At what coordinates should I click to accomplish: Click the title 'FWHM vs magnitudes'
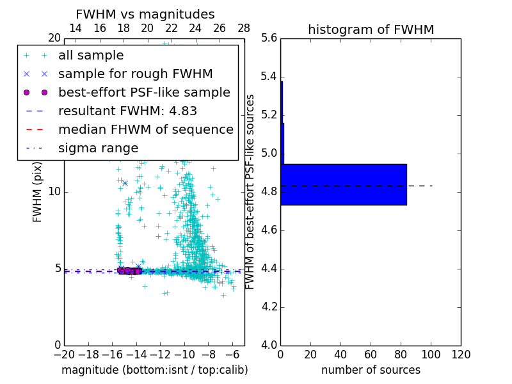[145, 14]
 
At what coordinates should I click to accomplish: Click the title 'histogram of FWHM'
[371, 29]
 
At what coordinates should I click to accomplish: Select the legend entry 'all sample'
[91, 56]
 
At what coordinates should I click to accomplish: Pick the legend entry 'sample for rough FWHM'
[135, 74]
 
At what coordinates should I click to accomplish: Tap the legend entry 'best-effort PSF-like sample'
[144, 92]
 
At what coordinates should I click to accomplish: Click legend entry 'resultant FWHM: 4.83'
[127, 111]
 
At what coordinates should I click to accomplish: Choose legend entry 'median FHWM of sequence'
[145, 129]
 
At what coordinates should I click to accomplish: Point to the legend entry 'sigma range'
[98, 148]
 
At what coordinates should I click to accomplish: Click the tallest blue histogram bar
[344, 184]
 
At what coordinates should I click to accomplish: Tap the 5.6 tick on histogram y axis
[269, 38]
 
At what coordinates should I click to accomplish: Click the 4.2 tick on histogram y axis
[269, 307]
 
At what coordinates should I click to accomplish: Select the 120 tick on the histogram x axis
[461, 355]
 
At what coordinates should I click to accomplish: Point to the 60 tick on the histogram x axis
[371, 355]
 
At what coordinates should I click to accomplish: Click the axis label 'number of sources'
[371, 370]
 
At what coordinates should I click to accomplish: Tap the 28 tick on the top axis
[244, 28]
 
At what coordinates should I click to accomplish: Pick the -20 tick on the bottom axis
[64, 355]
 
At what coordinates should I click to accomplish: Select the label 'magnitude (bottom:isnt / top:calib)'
[154, 370]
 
